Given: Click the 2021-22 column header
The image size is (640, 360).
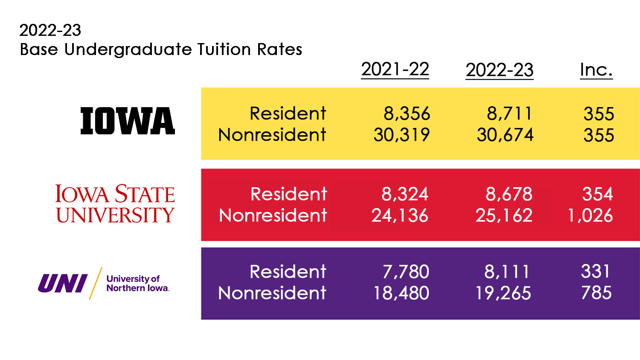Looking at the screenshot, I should [395, 70].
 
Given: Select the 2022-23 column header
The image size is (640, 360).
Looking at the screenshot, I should [499, 70].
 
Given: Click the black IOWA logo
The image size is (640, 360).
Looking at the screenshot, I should [128, 121].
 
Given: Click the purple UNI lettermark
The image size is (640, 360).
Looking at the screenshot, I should [63, 284].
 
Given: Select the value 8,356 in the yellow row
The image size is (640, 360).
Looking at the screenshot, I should [407, 114].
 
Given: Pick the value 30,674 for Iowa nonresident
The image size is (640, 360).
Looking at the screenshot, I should [505, 135].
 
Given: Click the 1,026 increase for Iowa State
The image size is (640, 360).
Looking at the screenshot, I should [590, 215].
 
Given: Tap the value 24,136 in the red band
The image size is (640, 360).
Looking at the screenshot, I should [400, 215].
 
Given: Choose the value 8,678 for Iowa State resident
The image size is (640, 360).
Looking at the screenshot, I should [509, 194].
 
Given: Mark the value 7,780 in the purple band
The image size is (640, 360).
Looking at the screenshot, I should [406, 272].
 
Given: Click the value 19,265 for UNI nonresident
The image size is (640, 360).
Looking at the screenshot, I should [503, 293].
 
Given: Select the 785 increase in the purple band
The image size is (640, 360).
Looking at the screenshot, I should [596, 293].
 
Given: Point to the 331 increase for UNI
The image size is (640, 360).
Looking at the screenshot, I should [596, 272].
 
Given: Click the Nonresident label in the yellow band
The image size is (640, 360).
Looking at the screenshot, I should [272, 135].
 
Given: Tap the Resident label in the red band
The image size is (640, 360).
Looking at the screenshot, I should [288, 194].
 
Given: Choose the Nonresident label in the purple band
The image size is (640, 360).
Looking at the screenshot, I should [272, 293].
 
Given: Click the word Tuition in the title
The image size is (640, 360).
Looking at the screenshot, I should [224, 49].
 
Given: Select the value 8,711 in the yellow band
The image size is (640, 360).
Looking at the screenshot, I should [509, 114].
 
